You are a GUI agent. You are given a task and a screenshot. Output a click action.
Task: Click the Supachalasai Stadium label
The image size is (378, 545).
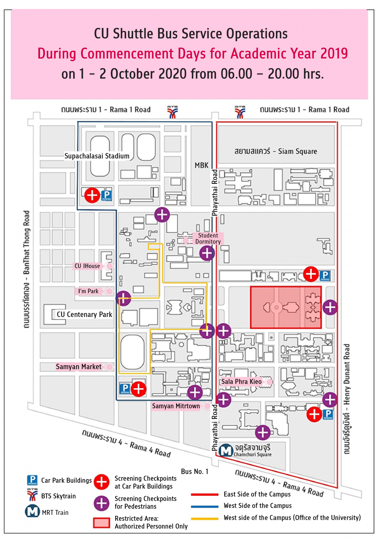click(x=97, y=156)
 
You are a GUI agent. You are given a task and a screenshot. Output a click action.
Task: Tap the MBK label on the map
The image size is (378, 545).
click(x=201, y=165)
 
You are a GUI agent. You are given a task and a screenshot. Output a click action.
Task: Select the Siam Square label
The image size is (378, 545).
click(x=276, y=151)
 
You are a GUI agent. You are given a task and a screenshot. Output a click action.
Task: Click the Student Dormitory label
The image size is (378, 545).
click(x=208, y=238)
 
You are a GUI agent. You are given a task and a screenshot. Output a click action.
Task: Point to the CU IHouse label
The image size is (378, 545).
click(x=87, y=266)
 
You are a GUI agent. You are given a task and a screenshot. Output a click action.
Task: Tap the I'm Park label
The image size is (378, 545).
click(x=88, y=291)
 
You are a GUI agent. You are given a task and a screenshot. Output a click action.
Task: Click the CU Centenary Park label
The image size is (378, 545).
click(x=84, y=315)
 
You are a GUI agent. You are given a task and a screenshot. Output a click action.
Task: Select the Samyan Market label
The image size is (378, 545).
click(x=79, y=367)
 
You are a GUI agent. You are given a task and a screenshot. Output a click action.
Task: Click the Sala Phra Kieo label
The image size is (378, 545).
click(x=242, y=382)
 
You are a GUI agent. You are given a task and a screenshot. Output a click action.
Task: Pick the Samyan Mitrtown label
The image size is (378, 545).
click(x=176, y=406)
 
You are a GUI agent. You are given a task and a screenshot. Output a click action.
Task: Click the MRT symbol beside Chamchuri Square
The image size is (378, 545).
click(x=226, y=450)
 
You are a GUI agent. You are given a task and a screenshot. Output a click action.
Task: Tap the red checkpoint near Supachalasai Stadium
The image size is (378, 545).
click(x=92, y=195)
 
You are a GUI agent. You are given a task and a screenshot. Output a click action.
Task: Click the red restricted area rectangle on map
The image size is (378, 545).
click(x=285, y=307)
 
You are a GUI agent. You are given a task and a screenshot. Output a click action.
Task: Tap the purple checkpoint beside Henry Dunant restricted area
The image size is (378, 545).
click(x=330, y=307)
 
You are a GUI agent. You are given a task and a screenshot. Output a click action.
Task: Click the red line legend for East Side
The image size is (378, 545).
click(x=204, y=494)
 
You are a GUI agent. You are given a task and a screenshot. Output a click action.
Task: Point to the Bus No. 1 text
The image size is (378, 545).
click(x=195, y=472)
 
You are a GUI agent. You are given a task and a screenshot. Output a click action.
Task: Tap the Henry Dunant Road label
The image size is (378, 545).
click(x=346, y=399)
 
